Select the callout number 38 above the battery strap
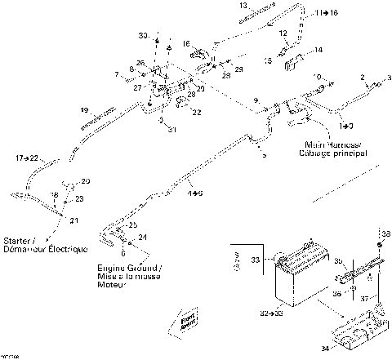[x=381, y=233]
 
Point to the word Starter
[x=18, y=241]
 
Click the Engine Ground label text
[x=130, y=269]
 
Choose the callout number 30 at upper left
[x=142, y=37]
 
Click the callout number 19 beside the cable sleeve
[x=83, y=109]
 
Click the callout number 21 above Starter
[x=73, y=220]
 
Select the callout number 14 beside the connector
[x=318, y=50]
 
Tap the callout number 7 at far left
[x=117, y=74]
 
